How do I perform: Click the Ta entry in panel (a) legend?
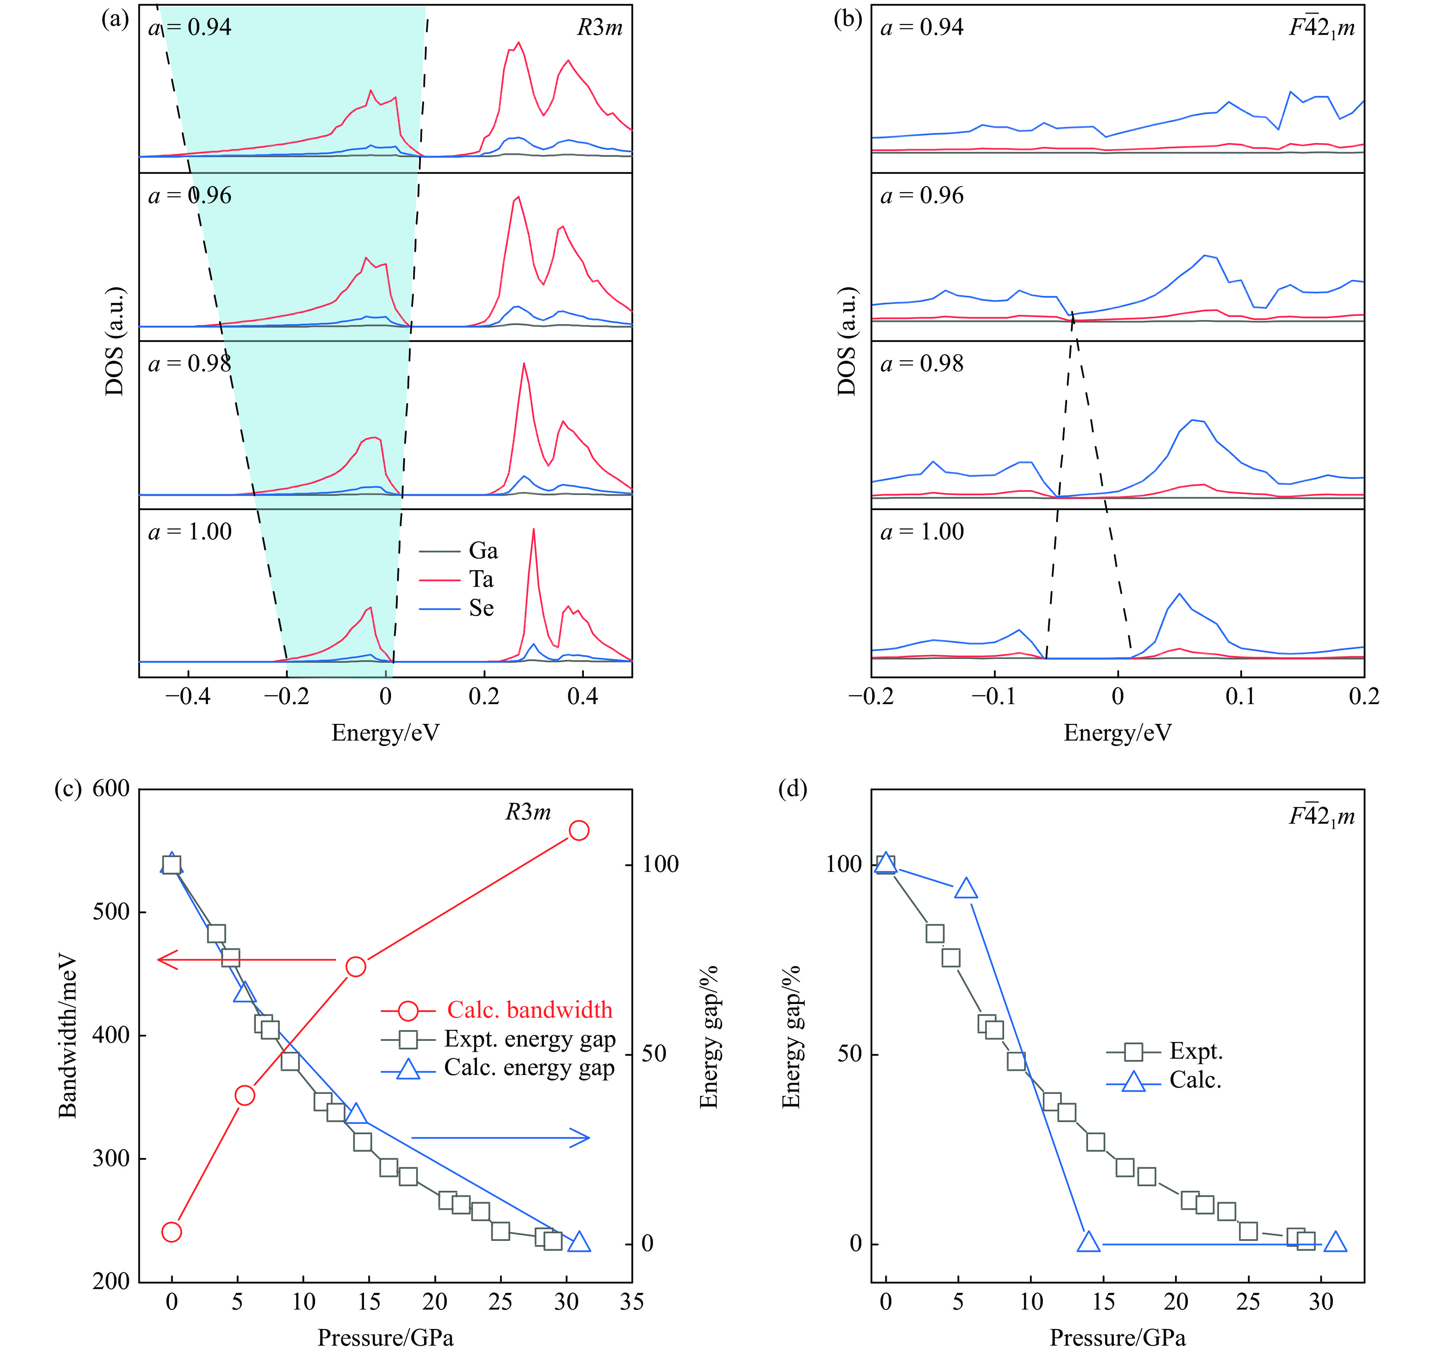coord(481,580)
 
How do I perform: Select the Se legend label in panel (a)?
coord(481,608)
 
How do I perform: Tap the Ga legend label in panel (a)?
coord(483,552)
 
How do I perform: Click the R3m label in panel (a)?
coord(599,28)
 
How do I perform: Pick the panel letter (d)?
coord(792,789)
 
